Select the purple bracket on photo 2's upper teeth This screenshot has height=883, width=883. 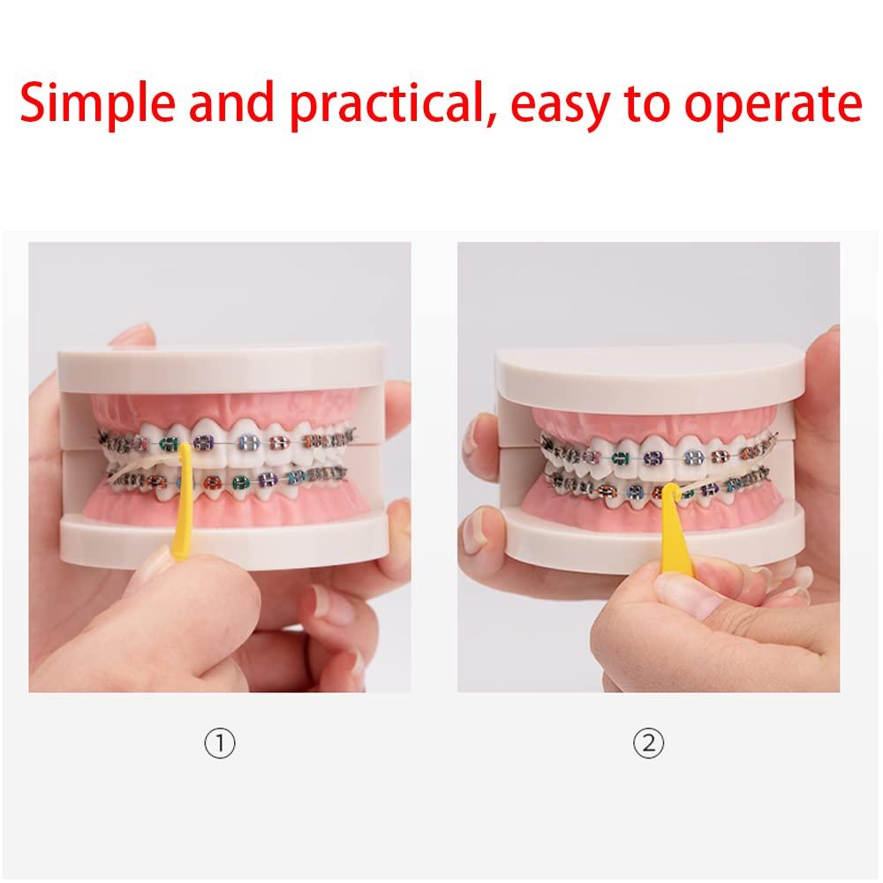pyautogui.click(x=653, y=457)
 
